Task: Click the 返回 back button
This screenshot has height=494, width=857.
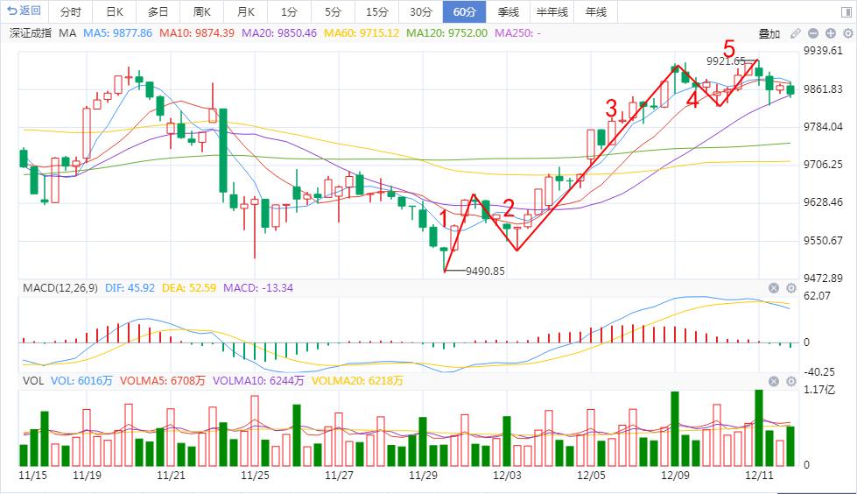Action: pyautogui.click(x=24, y=11)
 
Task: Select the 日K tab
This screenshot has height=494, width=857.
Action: pyautogui.click(x=115, y=11)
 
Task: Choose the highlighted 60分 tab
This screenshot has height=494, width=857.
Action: pyautogui.click(x=465, y=11)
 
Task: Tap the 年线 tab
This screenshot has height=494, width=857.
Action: pyautogui.click(x=596, y=11)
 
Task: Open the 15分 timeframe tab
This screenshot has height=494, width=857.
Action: pyautogui.click(x=376, y=11)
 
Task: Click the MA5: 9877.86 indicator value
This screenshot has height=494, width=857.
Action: pyautogui.click(x=117, y=32)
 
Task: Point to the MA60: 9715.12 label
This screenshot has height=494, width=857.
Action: pyautogui.click(x=362, y=32)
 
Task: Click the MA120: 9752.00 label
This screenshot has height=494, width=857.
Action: pyautogui.click(x=447, y=32)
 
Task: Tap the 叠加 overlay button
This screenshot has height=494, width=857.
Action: pyautogui.click(x=769, y=34)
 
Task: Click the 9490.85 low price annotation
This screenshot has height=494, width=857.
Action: pyautogui.click(x=485, y=271)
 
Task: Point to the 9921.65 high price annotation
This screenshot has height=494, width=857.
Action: pyautogui.click(x=726, y=60)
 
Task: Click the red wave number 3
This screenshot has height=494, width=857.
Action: pyautogui.click(x=611, y=109)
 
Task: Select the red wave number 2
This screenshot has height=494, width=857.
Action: pyautogui.click(x=509, y=208)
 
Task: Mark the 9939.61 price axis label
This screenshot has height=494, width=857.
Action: pyautogui.click(x=823, y=51)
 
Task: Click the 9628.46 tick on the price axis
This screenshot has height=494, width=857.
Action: pyautogui.click(x=823, y=202)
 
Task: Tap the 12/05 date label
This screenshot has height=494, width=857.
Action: pyautogui.click(x=591, y=475)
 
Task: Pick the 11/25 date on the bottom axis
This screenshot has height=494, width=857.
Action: pyautogui.click(x=255, y=475)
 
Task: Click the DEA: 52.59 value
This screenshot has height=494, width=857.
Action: pyautogui.click(x=188, y=288)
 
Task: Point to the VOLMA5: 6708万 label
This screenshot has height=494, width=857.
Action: pyautogui.click(x=162, y=381)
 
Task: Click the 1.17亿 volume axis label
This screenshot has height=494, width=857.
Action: pyautogui.click(x=819, y=390)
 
